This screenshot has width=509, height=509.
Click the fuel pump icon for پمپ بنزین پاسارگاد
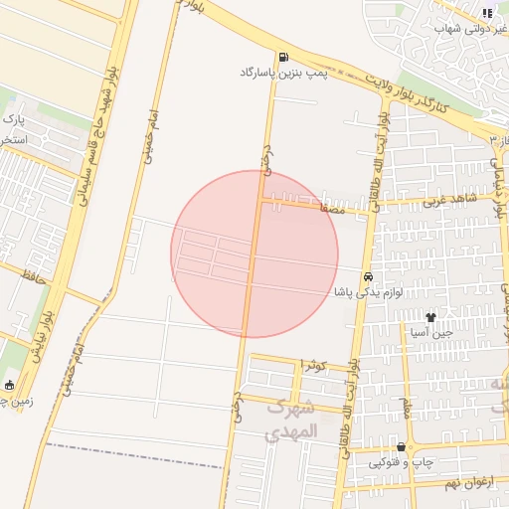(x=285, y=58)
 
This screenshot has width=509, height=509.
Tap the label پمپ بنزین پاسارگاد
(x=275, y=73)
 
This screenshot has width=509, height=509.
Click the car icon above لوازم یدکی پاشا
(x=368, y=275)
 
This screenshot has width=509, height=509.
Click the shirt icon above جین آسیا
(x=430, y=318)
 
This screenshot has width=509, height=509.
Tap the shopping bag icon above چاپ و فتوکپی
(x=401, y=447)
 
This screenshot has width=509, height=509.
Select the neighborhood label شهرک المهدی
(x=291, y=420)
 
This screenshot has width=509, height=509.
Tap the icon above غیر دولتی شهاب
(x=486, y=13)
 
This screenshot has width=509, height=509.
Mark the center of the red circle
(x=254, y=254)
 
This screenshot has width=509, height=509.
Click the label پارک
(x=13, y=120)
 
